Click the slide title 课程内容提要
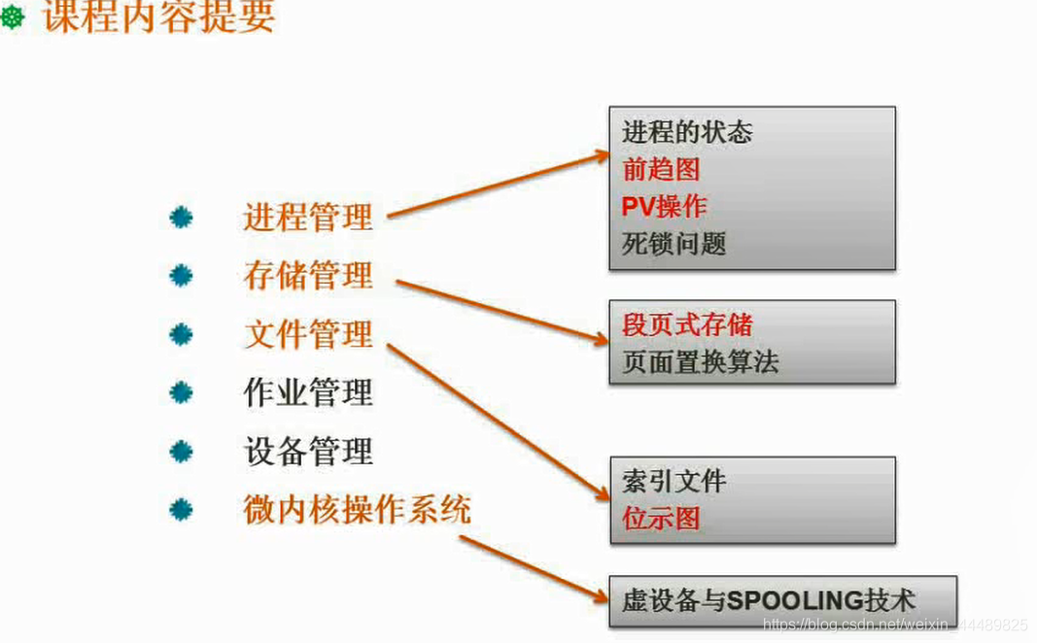[158, 17]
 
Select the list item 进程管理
[308, 217]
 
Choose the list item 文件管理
[308, 334]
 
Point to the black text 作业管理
[308, 392]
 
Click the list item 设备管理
[308, 452]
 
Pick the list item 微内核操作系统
[357, 509]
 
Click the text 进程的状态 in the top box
[687, 132]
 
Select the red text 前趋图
[661, 169]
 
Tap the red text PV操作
[665, 206]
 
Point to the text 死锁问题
[674, 243]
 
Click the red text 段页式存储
[687, 324]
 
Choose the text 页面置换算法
[700, 362]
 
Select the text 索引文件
[674, 481]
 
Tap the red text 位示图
[661, 518]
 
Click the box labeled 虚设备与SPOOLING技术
[782, 600]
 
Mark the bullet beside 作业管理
[181, 392]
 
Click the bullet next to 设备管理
[181, 452]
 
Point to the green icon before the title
[12, 17]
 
